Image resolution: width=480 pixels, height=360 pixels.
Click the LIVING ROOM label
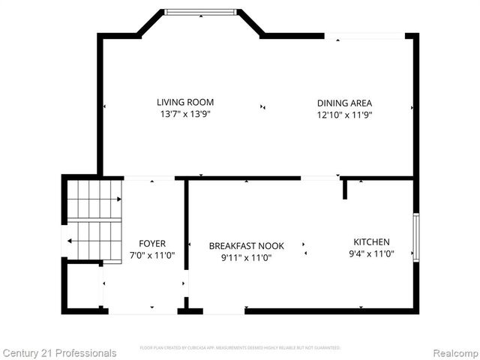pyautogui.click(x=185, y=102)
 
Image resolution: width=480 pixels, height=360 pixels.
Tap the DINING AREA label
pyautogui.click(x=344, y=103)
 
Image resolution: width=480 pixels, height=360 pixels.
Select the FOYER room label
pyautogui.click(x=152, y=244)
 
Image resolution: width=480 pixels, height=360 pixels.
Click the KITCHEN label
pyautogui.click(x=372, y=241)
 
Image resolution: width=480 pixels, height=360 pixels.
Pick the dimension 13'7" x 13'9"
pyautogui.click(x=185, y=115)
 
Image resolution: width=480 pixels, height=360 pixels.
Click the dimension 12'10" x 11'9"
pyautogui.click(x=344, y=115)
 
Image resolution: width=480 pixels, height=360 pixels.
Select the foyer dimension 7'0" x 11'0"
pyautogui.click(x=152, y=256)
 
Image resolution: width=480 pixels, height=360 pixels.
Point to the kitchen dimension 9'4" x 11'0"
pyautogui.click(x=372, y=254)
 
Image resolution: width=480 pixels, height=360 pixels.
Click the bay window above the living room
pyautogui.click(x=200, y=12)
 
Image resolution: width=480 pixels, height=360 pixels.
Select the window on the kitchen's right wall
pyautogui.click(x=416, y=237)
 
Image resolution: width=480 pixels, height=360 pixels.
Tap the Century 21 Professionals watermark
pyautogui.click(x=59, y=352)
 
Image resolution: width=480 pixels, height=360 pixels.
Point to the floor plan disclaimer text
pyautogui.click(x=240, y=348)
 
